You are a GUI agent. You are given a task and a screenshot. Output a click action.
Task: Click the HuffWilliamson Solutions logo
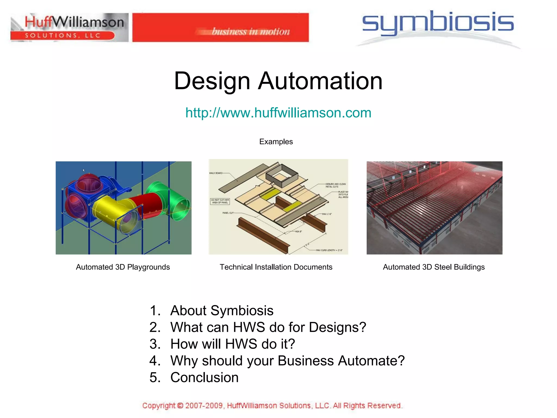pos(69,27)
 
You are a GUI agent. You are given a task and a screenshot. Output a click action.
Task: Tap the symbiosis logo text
pos(438,23)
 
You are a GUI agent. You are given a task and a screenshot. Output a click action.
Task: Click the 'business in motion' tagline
pos(251,32)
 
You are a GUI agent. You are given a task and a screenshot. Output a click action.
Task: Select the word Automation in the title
pos(320,81)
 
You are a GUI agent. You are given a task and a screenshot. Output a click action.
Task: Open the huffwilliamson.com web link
pos(278,113)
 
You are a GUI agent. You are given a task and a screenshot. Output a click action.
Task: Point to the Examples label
pos(276,142)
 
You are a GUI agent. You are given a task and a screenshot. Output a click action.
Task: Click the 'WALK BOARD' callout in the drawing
pos(216,173)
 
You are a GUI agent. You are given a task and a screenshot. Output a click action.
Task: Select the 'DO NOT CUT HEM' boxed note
pos(220,201)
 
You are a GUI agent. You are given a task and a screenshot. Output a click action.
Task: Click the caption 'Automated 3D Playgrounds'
pos(123,267)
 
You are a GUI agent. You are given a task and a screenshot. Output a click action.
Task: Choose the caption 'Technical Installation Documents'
pos(276,267)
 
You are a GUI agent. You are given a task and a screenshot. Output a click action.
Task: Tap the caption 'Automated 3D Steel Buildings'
pos(434,267)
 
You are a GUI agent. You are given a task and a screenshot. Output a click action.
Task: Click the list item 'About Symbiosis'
pos(222,311)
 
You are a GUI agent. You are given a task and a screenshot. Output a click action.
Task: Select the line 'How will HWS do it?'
pos(233,344)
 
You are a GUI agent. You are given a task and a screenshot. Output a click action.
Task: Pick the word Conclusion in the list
pos(204,377)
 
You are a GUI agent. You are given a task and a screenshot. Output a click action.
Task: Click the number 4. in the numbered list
pos(155,361)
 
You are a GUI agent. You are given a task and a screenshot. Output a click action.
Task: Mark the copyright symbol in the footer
pos(180,406)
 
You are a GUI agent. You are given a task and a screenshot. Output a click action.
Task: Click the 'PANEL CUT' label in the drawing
pos(228,213)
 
